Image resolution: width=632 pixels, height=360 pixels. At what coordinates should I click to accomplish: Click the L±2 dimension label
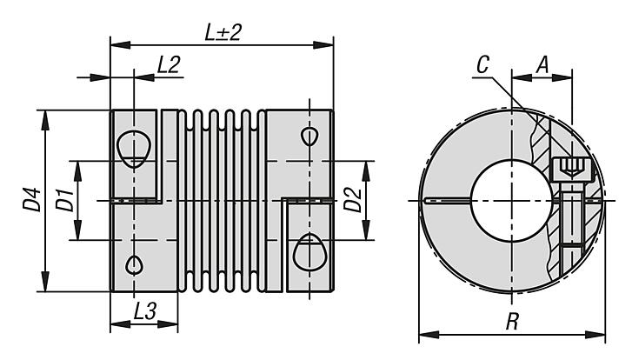[223, 32]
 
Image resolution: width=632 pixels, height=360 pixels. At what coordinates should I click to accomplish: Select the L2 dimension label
[169, 63]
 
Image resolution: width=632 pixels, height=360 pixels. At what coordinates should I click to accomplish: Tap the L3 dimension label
[145, 310]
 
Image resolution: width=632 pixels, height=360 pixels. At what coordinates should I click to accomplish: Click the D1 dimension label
[63, 202]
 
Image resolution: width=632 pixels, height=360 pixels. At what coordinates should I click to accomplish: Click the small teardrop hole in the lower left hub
[134, 263]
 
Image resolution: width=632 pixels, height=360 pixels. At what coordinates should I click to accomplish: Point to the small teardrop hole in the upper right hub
[309, 137]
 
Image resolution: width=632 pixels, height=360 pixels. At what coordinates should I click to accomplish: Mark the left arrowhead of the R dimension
[423, 334]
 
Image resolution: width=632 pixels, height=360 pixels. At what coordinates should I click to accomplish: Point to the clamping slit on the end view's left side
[444, 203]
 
